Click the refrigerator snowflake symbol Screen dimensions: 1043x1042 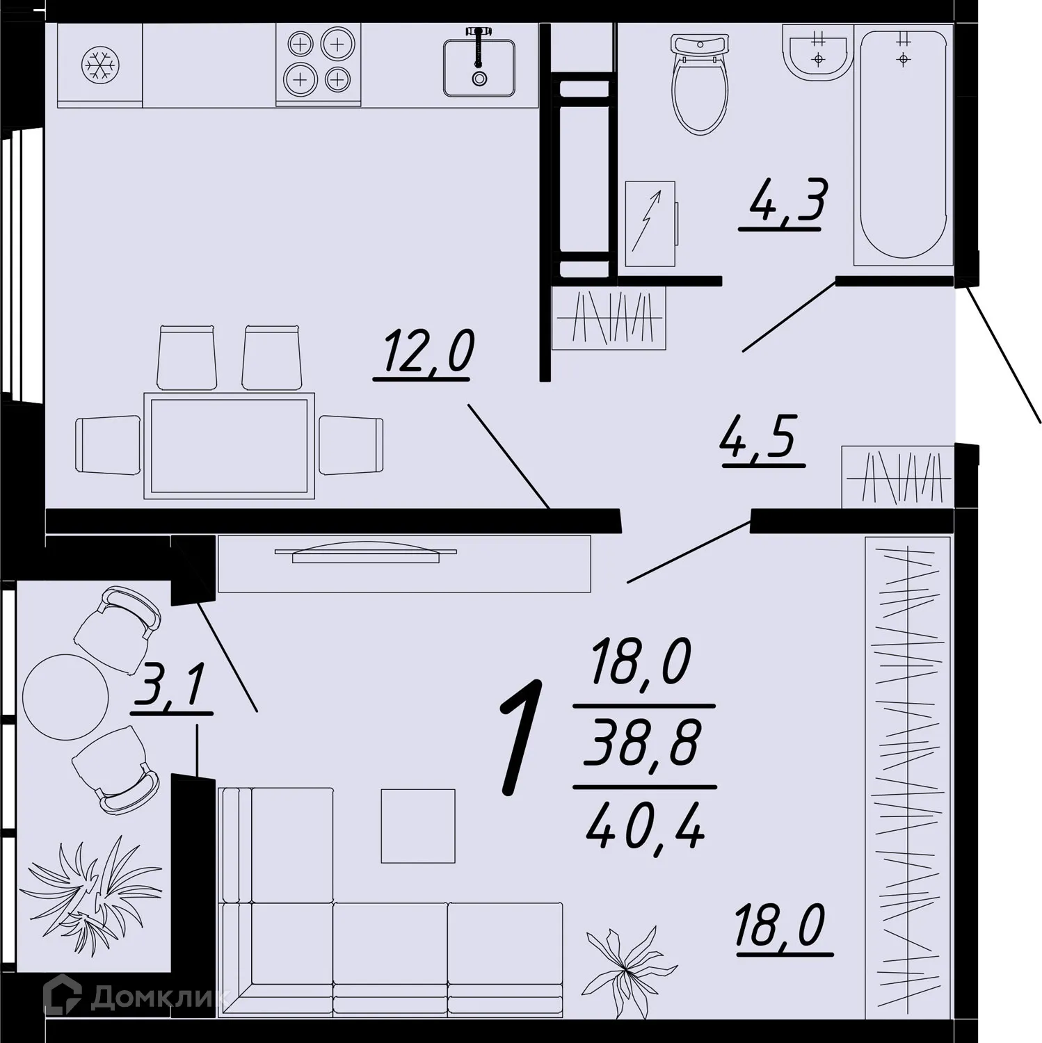101,65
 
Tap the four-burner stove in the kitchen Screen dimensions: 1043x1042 319,63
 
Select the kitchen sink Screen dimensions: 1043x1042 479,67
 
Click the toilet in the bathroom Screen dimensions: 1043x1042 700,83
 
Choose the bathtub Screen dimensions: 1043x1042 903,143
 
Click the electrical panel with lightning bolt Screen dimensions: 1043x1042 650,224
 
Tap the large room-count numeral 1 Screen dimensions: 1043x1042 521,737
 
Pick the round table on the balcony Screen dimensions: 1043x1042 65,697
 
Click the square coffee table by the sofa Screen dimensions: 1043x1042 417,825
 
